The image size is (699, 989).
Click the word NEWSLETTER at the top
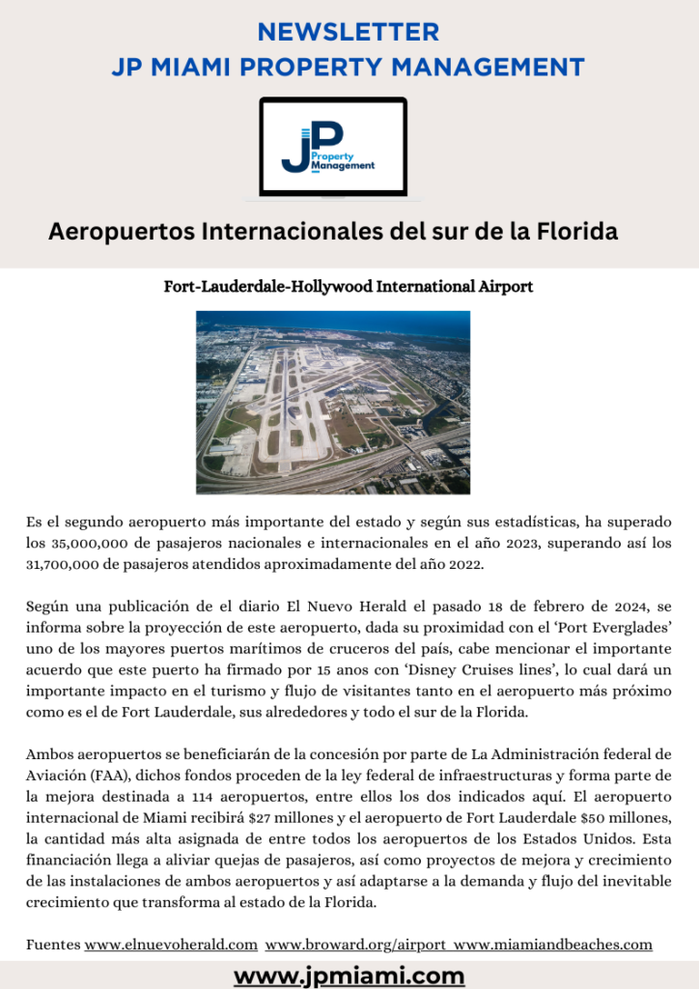[349, 33]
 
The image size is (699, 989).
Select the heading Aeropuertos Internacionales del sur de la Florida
[333, 233]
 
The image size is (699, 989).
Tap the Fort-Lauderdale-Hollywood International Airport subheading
[349, 287]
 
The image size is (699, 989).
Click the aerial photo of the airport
[332, 402]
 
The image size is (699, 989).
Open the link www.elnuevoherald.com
[171, 945]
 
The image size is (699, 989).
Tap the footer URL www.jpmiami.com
[349, 976]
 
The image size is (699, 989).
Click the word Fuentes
[53, 945]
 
